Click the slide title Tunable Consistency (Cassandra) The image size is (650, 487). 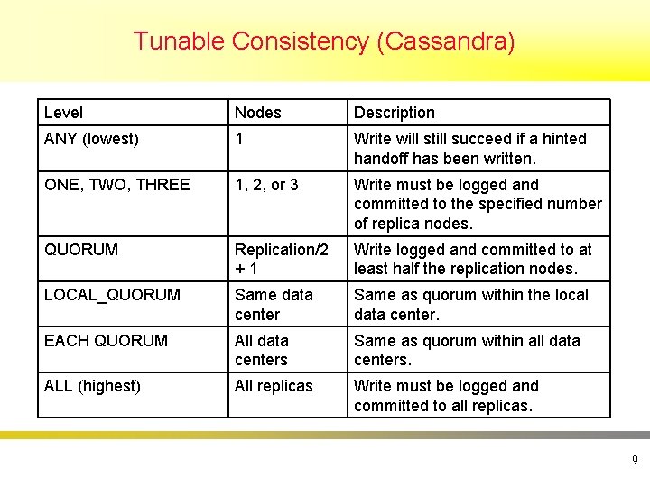324,41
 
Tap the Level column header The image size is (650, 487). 63,113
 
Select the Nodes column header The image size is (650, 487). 258,113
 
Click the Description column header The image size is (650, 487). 395,113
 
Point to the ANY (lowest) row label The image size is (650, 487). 91,139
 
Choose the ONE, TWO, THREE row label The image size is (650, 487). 116,185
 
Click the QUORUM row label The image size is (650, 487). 81,250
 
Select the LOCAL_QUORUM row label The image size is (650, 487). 112,295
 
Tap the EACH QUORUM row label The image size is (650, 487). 106,341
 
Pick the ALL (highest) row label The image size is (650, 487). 92,386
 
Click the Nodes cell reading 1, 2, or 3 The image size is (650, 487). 266,185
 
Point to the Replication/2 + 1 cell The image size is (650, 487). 282,259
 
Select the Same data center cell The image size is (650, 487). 274,305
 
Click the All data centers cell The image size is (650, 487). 262,350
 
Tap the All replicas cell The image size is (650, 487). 274,386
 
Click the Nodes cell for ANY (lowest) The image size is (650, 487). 239,139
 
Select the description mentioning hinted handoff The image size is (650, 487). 469,149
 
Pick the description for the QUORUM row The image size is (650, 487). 473,259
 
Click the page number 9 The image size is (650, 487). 635,461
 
